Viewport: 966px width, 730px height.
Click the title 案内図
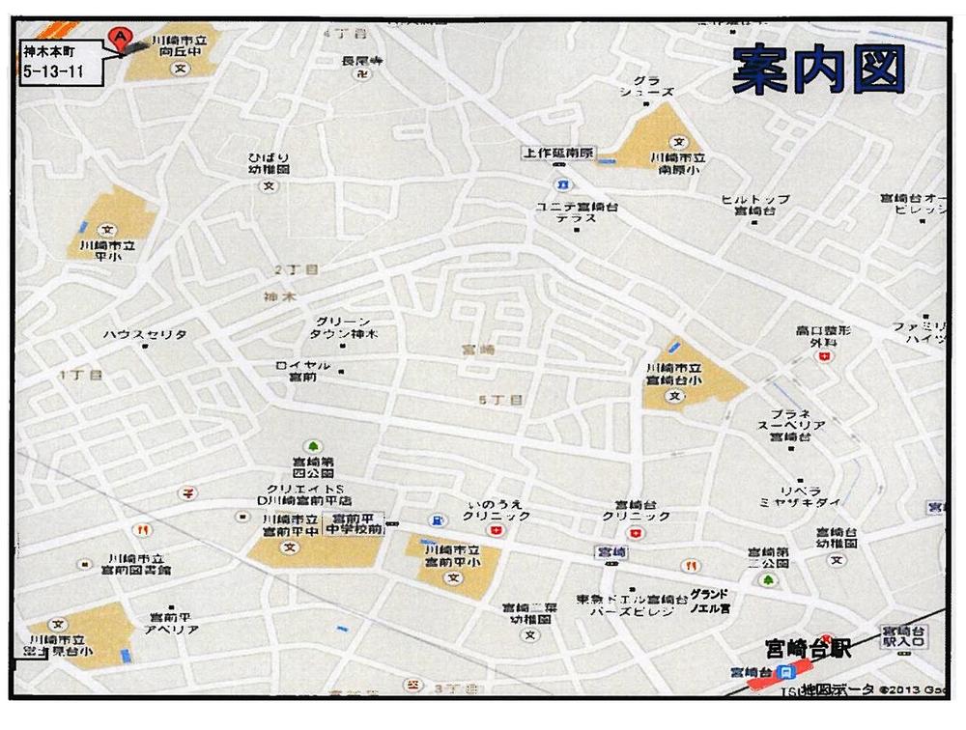(x=817, y=70)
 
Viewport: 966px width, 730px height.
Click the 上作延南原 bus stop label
(x=558, y=153)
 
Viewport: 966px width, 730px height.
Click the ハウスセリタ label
(x=145, y=334)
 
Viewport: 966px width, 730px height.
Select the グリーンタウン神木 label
(x=343, y=327)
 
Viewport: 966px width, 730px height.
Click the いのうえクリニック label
(x=497, y=510)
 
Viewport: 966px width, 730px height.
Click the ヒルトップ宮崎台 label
(x=755, y=204)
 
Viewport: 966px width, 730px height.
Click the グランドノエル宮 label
(x=709, y=601)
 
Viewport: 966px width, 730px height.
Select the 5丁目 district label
(x=500, y=399)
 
